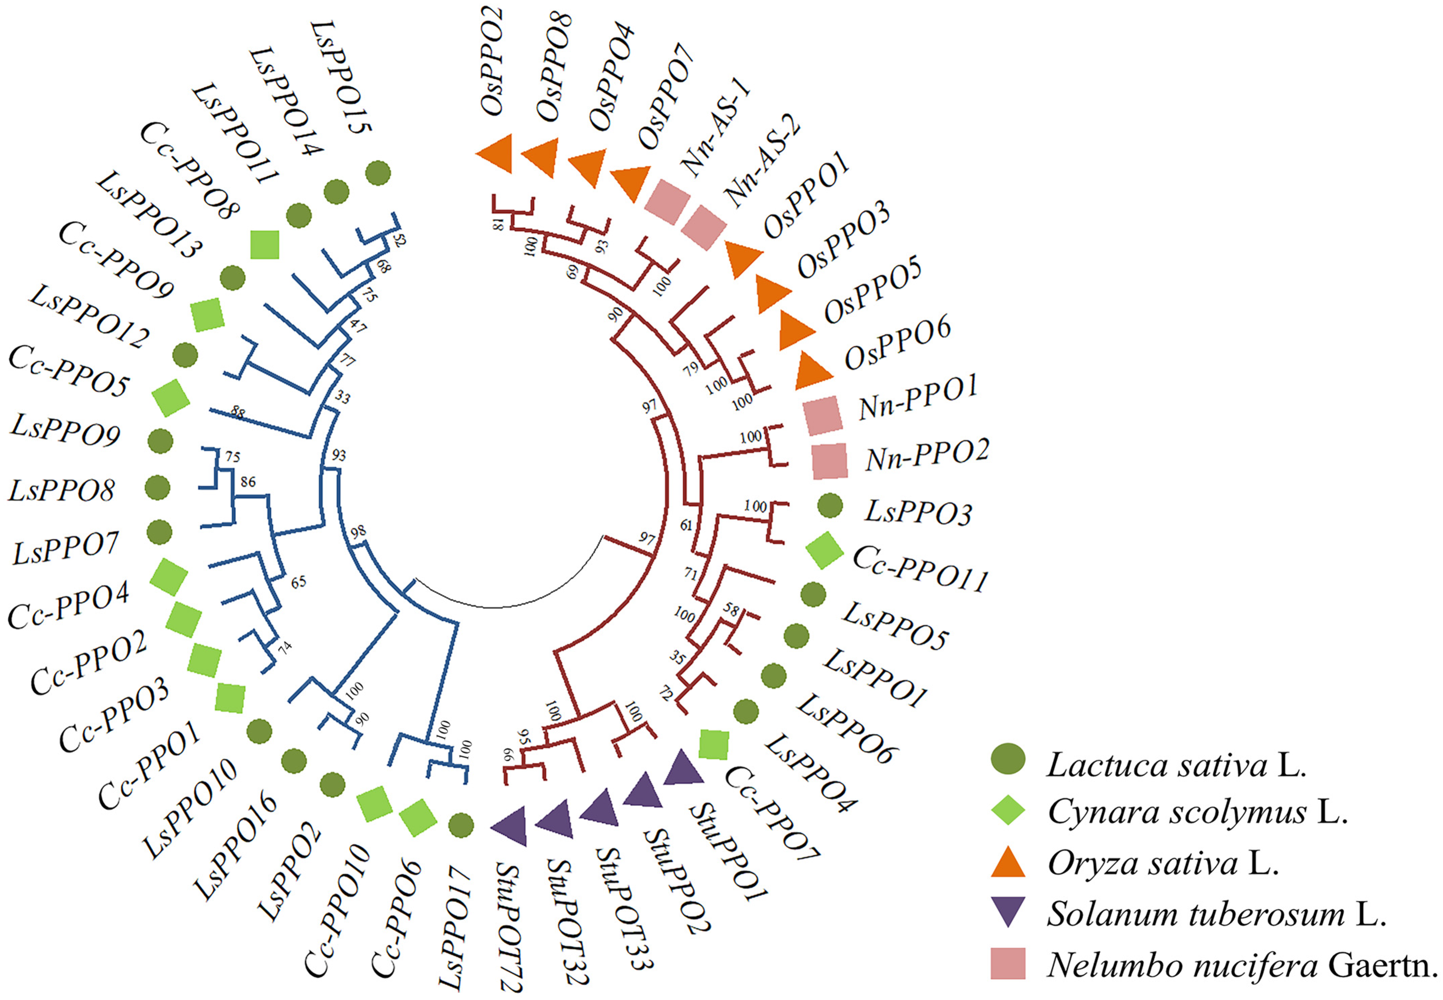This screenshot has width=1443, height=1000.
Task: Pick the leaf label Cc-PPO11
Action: [x=920, y=569]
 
